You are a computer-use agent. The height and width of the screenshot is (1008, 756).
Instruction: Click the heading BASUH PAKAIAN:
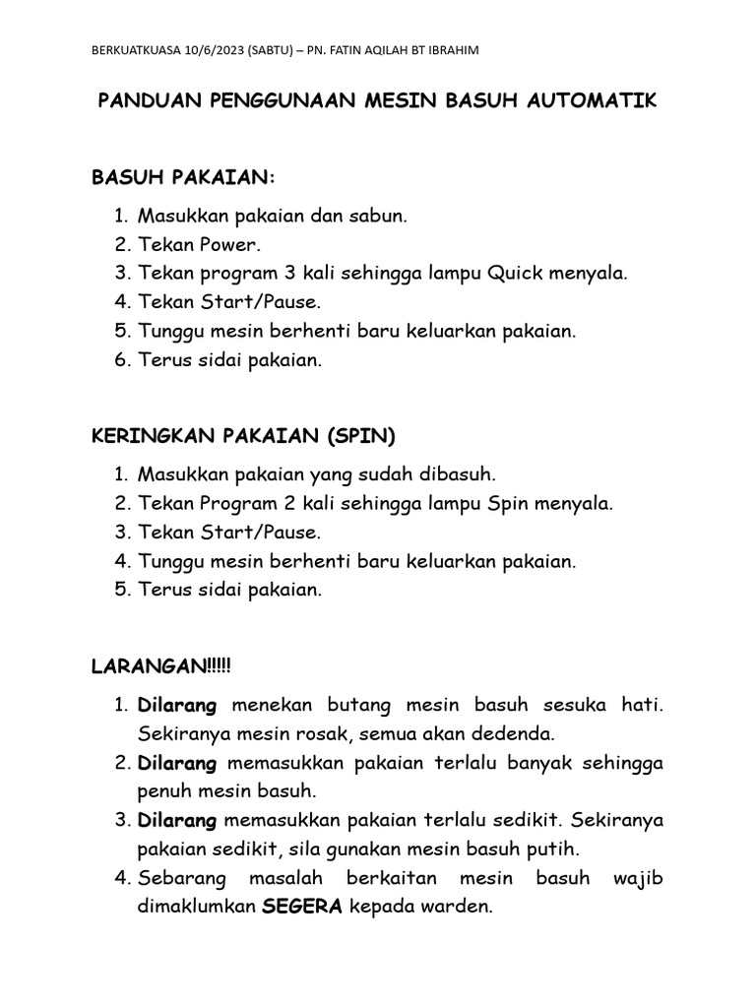point(184,177)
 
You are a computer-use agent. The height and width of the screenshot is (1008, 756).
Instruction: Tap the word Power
point(230,244)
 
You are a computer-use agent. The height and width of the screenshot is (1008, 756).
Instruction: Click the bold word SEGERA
point(301,908)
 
